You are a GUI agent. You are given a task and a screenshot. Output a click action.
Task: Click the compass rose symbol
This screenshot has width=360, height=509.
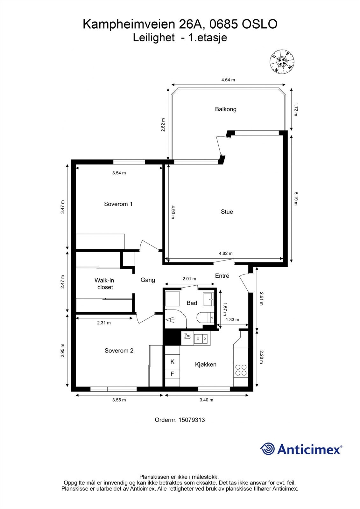click(282, 61)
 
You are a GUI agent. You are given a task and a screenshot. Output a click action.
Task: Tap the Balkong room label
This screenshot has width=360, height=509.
click(226, 109)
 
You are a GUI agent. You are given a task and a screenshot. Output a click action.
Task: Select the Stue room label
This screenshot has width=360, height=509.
click(227, 212)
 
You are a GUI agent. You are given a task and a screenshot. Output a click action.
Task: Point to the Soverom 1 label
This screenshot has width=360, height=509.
click(118, 204)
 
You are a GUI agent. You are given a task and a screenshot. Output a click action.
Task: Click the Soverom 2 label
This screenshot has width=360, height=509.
click(119, 351)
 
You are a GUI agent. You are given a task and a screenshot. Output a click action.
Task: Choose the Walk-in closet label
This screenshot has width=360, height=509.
click(104, 283)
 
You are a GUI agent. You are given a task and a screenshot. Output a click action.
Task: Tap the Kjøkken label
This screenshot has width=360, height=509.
click(206, 365)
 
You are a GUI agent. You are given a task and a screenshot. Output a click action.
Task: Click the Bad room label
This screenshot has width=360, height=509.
click(192, 303)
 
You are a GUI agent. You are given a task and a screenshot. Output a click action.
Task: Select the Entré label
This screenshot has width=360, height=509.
click(222, 275)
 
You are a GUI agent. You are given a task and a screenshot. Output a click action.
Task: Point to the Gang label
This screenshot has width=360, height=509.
click(148, 280)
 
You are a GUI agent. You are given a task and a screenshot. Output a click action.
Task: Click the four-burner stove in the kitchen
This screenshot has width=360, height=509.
click(241, 370)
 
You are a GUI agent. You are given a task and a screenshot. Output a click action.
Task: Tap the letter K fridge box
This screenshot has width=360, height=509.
click(172, 361)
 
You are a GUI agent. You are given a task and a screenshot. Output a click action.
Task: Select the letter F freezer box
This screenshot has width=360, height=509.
click(172, 374)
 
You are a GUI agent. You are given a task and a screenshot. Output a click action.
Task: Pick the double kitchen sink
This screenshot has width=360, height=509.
click(201, 338)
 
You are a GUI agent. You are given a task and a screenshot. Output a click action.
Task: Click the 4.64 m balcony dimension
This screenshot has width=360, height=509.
click(228, 80)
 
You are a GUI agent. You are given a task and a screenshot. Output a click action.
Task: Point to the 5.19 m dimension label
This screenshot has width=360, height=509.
click(296, 199)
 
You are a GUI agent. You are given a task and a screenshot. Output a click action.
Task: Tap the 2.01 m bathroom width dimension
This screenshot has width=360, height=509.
click(189, 279)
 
